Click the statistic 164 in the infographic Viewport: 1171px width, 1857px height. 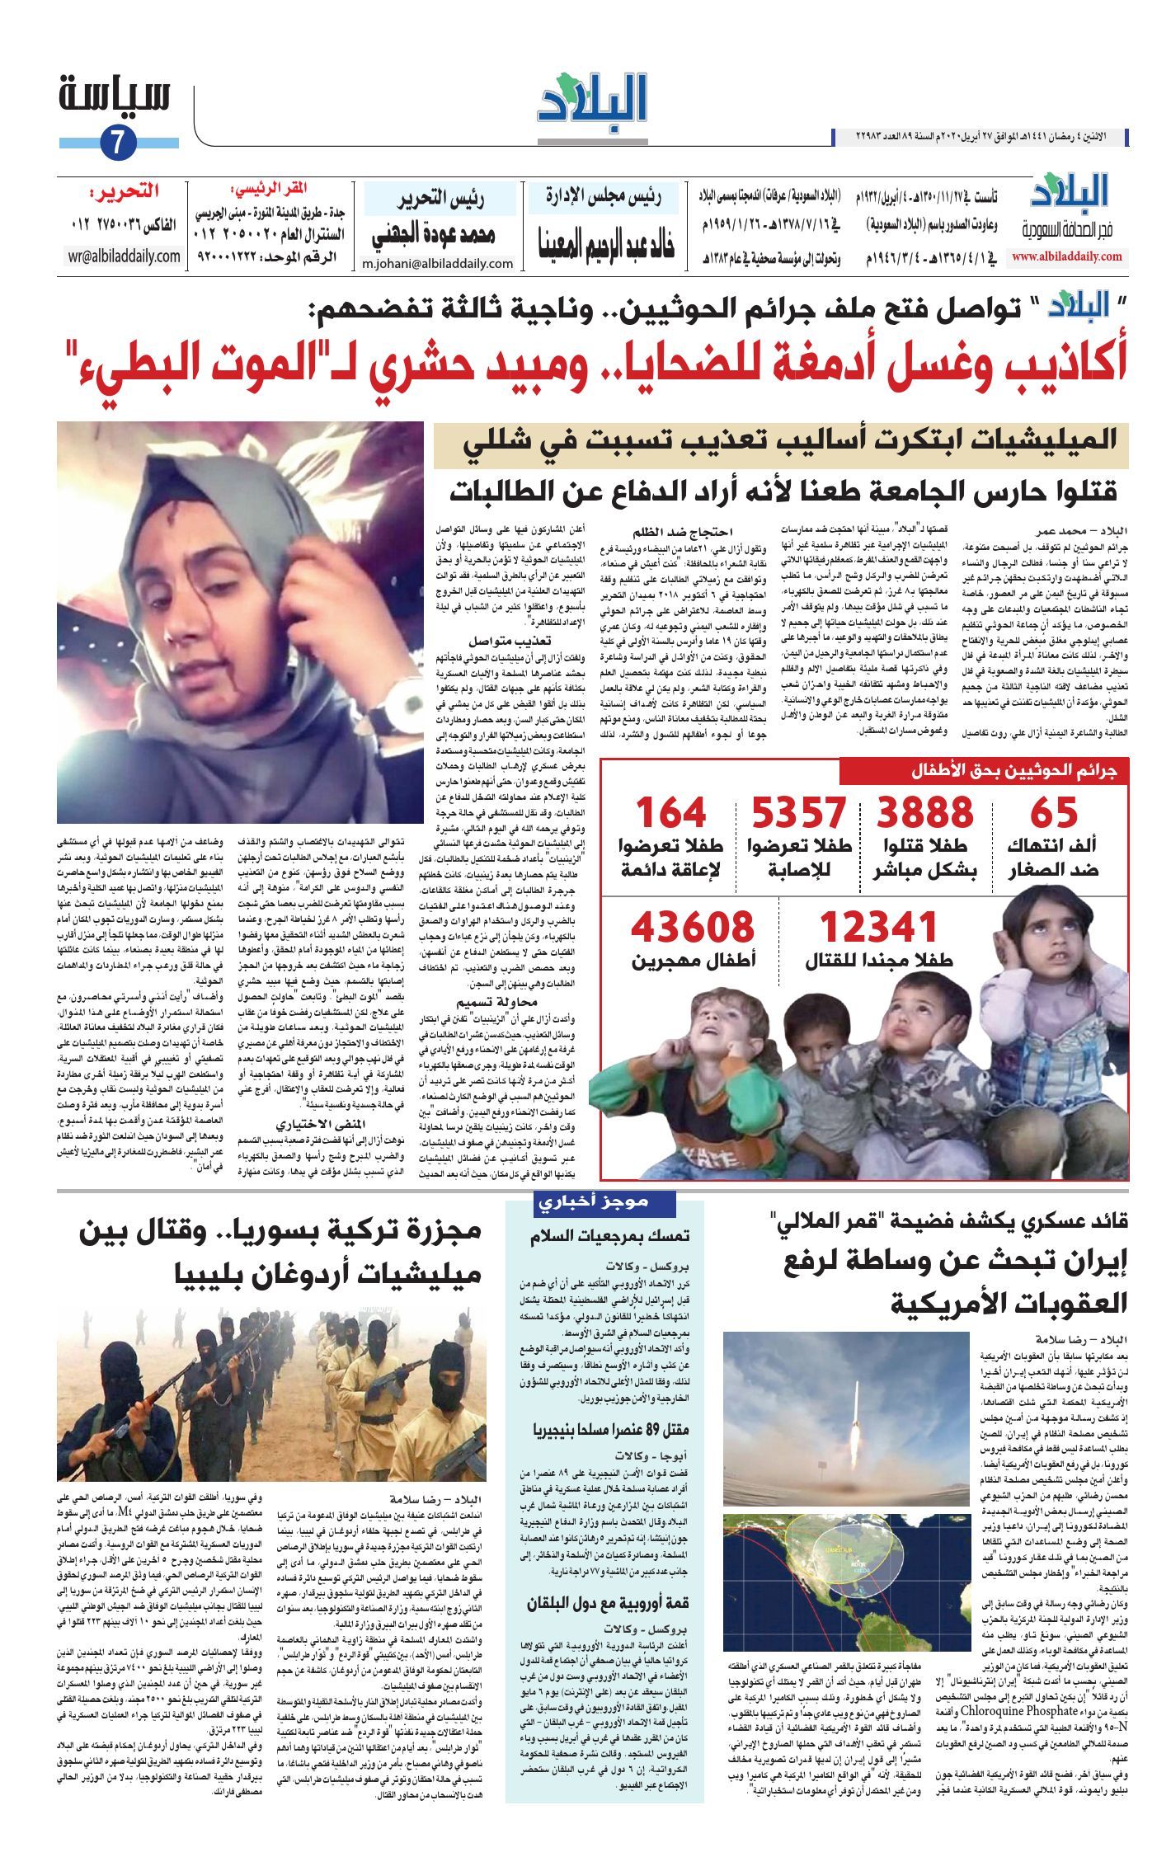click(x=670, y=813)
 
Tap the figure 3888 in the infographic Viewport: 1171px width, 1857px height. click(x=924, y=813)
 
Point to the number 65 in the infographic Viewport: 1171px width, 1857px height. click(x=1053, y=813)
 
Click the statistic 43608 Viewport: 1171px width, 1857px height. click(x=693, y=928)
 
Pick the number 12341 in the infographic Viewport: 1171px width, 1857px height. click(x=877, y=928)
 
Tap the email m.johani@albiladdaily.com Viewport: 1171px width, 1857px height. click(x=438, y=264)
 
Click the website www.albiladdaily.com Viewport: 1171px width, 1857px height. click(x=1067, y=256)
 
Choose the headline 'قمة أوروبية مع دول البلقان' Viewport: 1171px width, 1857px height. click(x=609, y=1602)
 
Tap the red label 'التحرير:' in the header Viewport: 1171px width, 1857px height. click(x=125, y=193)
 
